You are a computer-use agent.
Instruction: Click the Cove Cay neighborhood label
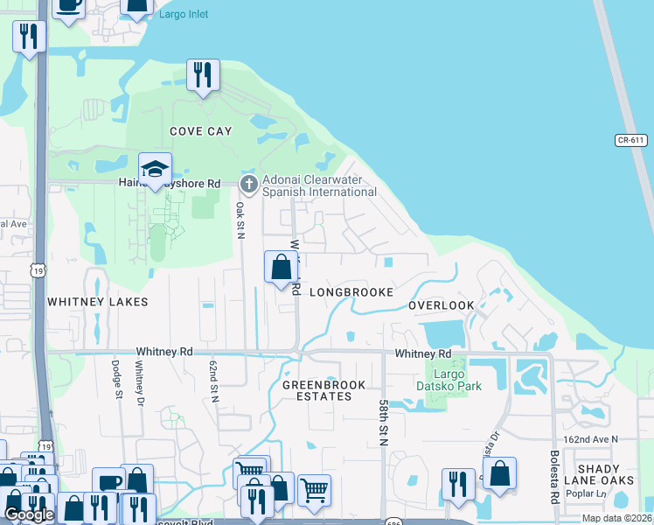(x=201, y=131)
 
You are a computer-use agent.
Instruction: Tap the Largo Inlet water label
(x=184, y=15)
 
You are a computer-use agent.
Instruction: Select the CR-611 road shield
(x=630, y=140)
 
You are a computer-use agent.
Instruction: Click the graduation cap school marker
(x=155, y=170)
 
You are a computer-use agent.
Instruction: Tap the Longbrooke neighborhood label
(x=351, y=291)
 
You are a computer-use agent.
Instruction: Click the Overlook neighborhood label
(x=442, y=305)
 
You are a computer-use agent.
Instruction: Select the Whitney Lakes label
(x=97, y=301)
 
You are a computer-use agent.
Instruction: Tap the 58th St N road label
(x=383, y=423)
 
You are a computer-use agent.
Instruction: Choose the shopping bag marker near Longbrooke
(x=281, y=269)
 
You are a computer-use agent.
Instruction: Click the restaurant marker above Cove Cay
(x=203, y=74)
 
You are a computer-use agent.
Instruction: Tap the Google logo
(x=29, y=514)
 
